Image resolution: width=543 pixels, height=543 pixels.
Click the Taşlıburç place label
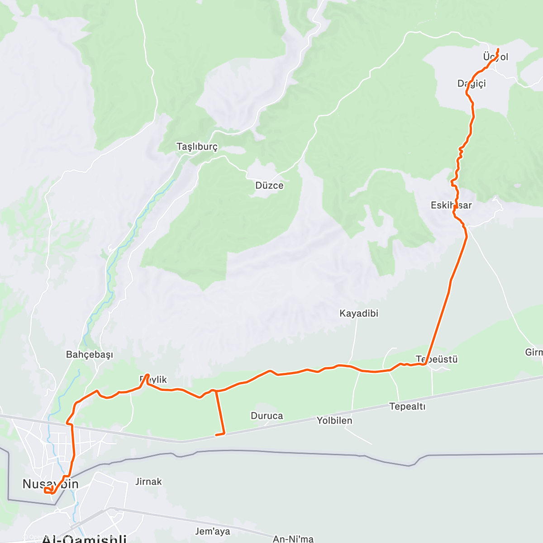(x=197, y=147)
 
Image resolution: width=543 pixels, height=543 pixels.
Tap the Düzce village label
(x=269, y=186)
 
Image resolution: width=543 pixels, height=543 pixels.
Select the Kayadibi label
(x=359, y=313)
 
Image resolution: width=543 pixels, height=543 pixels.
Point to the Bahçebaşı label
(x=90, y=354)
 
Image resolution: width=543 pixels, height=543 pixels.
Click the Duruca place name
(x=267, y=416)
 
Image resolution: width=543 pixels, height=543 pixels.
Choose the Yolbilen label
(x=334, y=420)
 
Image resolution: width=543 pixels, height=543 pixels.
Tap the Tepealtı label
(x=407, y=406)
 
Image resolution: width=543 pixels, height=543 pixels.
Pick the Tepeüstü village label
(x=437, y=359)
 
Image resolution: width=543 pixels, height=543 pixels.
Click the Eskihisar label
(x=451, y=205)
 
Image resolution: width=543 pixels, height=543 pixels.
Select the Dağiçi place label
(x=472, y=83)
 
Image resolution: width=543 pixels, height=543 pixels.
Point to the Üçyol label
(x=495, y=57)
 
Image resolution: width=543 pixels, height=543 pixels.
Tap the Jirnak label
(x=148, y=481)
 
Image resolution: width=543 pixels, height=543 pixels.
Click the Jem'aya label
(x=212, y=531)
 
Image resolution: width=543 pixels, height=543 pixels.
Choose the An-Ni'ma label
(x=293, y=538)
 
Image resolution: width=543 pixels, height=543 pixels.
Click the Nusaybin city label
(x=51, y=484)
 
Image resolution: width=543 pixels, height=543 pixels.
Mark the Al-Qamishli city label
(x=84, y=539)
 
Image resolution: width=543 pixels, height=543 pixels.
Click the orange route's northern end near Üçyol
(x=498, y=49)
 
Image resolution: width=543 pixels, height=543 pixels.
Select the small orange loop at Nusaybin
(x=48, y=490)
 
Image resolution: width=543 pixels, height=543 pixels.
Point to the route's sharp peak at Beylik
(x=148, y=375)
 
